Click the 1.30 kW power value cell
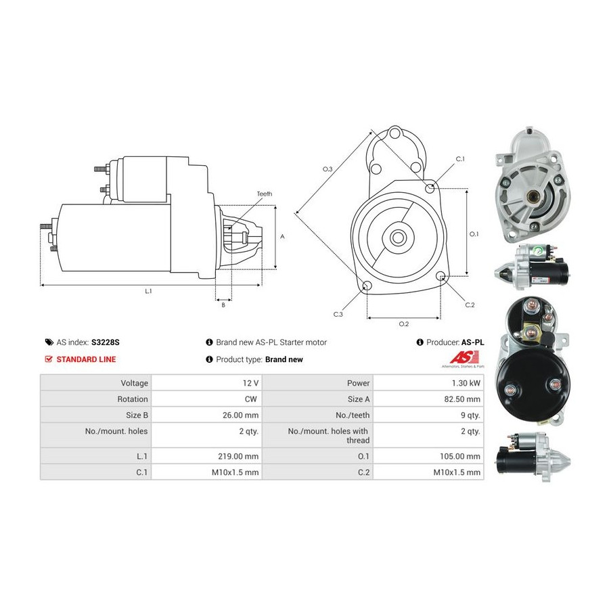pos(428,383)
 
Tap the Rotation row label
pos(133,399)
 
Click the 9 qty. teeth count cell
pos(428,415)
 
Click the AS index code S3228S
pos(106,342)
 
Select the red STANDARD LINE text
pos(86,359)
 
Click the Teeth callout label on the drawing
pos(265,194)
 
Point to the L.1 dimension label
pos(148,291)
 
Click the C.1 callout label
pos(460,159)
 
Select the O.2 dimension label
pos(404,324)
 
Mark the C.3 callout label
pos(338,314)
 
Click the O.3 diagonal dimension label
pos(328,169)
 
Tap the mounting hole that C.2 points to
pos(441,276)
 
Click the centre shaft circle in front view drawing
pos(398,237)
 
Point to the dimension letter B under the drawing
pos(223,305)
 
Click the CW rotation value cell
pos(206,399)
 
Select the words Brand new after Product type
pos(284,359)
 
